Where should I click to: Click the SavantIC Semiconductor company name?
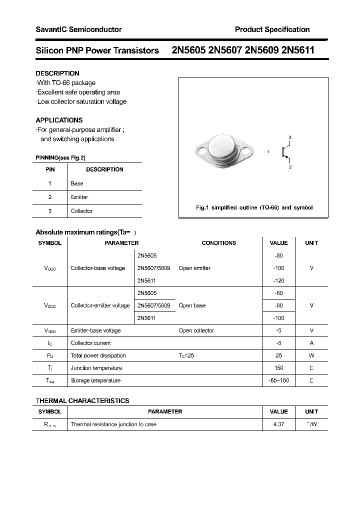click(x=78, y=29)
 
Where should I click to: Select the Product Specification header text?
click(x=272, y=29)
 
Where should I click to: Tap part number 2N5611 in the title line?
click(x=298, y=50)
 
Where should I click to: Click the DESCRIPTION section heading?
click(x=57, y=73)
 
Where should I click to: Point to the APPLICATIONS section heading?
click(x=59, y=120)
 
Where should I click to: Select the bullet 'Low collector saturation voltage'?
click(x=82, y=101)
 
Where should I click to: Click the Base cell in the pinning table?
click(x=77, y=183)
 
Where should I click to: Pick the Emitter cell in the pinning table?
click(x=79, y=197)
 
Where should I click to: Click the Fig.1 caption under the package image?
click(x=253, y=207)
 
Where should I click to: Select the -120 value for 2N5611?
click(x=278, y=280)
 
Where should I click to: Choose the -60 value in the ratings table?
click(x=278, y=293)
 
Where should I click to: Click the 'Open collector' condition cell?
click(x=196, y=330)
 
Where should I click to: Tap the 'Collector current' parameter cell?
click(x=91, y=343)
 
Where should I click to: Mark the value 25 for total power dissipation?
click(x=278, y=355)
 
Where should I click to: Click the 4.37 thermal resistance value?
click(x=278, y=424)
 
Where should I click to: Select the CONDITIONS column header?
click(x=218, y=243)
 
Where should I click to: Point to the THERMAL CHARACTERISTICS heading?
click(x=82, y=400)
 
